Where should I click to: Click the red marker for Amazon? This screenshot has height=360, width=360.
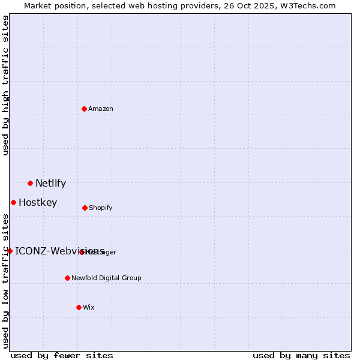pos(85,109)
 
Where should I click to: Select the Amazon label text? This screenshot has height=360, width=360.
pos(101,109)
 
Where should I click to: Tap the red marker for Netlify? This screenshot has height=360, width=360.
pos(30,183)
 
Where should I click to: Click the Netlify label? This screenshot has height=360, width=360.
pos(50,184)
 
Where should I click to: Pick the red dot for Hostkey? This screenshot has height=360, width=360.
pos(13,202)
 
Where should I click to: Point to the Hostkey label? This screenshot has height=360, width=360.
pos(38,203)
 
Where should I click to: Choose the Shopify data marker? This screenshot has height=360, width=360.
pos(85,208)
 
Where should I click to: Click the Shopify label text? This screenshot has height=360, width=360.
pos(101,208)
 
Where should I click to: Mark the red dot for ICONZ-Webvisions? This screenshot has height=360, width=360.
pos(10,251)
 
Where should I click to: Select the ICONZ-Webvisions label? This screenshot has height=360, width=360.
pos(59,251)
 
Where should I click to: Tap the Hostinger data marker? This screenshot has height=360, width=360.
pos(82,252)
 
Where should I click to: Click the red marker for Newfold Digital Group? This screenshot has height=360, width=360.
pos(67,278)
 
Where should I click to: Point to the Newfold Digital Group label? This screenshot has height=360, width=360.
pos(107,278)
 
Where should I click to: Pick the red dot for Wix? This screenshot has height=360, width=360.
pos(79,307)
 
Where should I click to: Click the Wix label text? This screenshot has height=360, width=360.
pos(89,308)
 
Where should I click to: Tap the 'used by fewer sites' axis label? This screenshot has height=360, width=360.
pos(62,355)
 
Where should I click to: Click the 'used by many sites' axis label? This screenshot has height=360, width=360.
pos(301,355)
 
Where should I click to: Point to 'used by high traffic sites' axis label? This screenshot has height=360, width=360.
pos(5,85)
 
